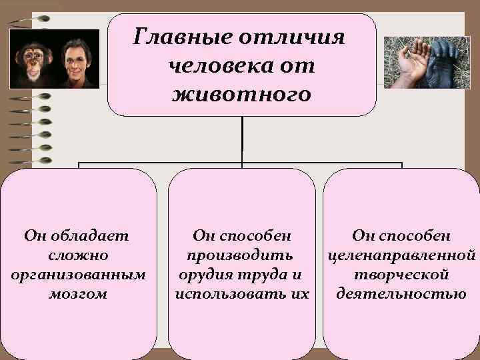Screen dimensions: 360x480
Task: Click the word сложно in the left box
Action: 78,255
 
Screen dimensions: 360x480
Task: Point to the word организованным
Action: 78,275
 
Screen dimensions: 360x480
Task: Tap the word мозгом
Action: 78,294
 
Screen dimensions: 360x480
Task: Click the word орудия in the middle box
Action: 201,275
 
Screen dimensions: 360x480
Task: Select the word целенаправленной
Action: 401,255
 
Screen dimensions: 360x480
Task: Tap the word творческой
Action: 401,275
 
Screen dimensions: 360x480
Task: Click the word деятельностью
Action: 401,294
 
